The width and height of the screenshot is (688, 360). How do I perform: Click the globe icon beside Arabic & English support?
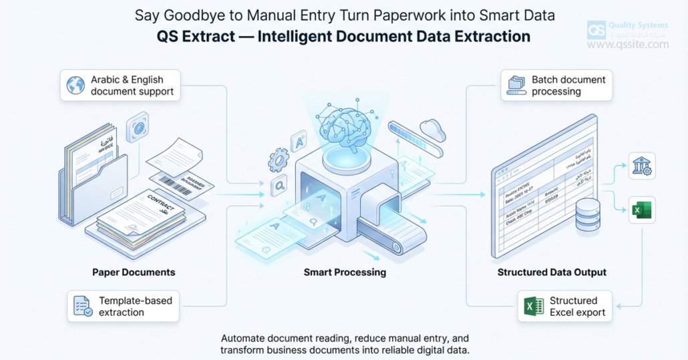(x=75, y=85)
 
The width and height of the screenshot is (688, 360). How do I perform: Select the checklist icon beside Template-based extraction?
(x=83, y=306)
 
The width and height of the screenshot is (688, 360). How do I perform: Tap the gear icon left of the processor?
(x=278, y=160)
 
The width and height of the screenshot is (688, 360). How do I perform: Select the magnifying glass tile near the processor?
(x=279, y=186)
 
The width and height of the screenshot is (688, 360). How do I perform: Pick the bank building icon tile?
(x=641, y=166)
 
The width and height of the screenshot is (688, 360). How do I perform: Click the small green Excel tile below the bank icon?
(x=641, y=210)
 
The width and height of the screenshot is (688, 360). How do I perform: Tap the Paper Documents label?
(x=134, y=272)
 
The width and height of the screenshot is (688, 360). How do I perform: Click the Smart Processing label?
(x=345, y=272)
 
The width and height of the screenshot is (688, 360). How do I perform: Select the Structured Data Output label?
(x=552, y=272)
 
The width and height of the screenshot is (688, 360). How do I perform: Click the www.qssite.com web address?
(x=627, y=45)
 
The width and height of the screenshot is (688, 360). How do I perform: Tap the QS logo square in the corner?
(x=596, y=30)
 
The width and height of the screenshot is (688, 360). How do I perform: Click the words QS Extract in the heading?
(x=192, y=36)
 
